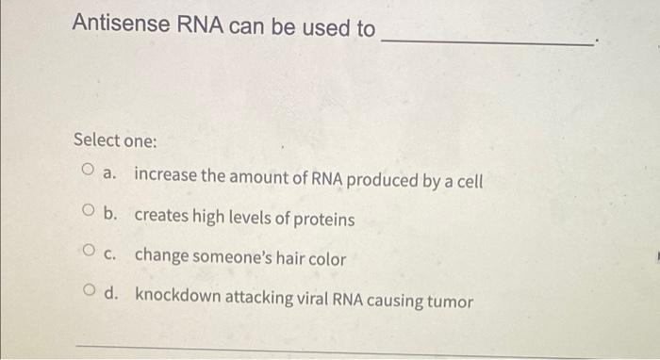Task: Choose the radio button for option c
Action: (87, 252)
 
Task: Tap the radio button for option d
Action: (87, 291)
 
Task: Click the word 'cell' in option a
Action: (469, 179)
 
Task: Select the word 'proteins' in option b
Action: (322, 219)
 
